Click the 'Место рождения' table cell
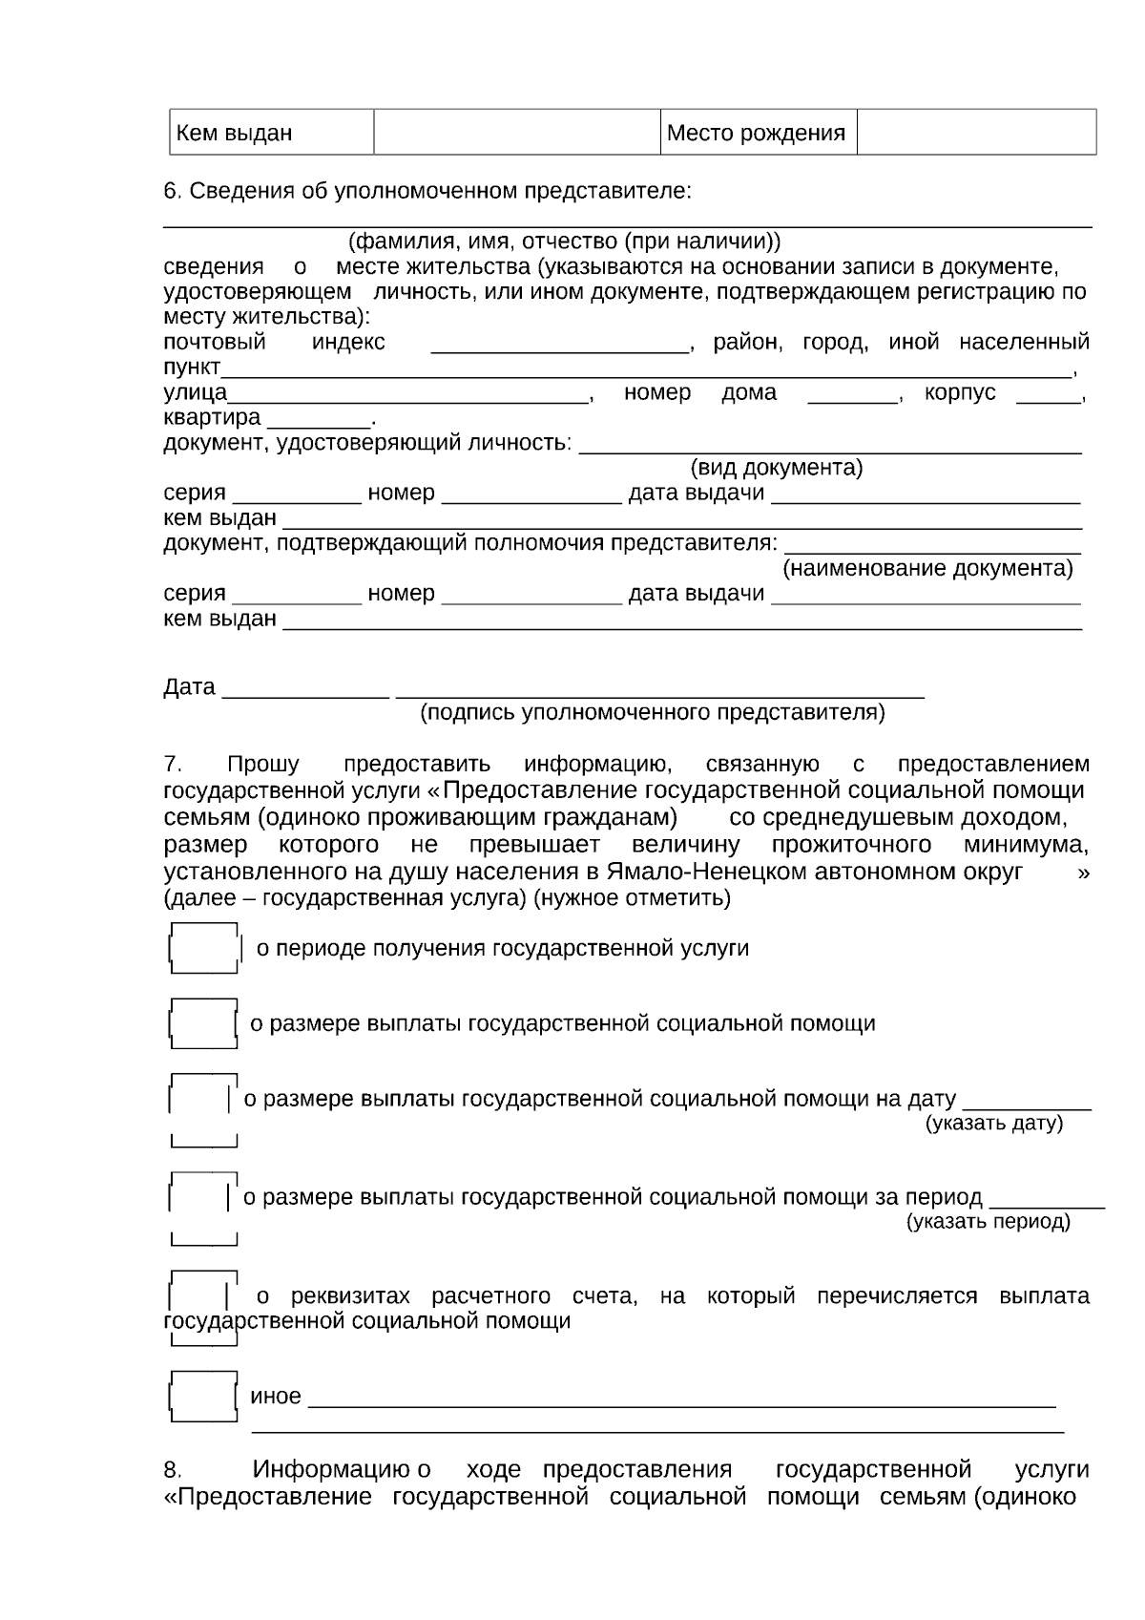tap(757, 133)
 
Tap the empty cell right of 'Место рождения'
tap(975, 133)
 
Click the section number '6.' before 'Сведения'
tap(172, 191)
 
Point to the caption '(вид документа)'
tap(776, 468)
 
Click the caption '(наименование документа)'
tap(927, 569)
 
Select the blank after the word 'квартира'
tap(319, 420)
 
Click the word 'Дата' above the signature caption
tap(189, 688)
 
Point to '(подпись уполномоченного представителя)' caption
tap(653, 713)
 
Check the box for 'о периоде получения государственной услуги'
tap(203, 949)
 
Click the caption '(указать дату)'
tap(993, 1124)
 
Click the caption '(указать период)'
tap(988, 1222)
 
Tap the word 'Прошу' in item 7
tap(262, 765)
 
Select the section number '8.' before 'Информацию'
tap(173, 1470)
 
